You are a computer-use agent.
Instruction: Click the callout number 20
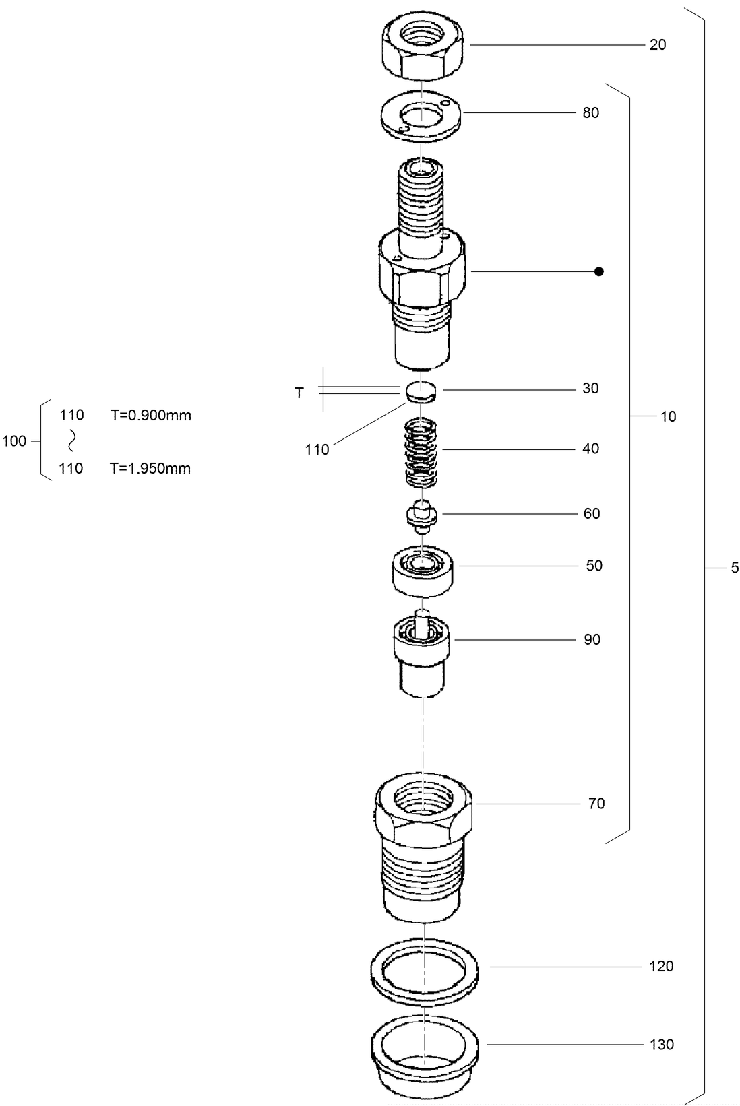pyautogui.click(x=657, y=45)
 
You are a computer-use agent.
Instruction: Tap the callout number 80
pyautogui.click(x=590, y=113)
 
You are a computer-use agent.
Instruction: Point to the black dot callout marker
pyautogui.click(x=598, y=272)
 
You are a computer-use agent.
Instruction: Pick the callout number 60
pyautogui.click(x=591, y=514)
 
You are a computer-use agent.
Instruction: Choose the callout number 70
pyautogui.click(x=596, y=804)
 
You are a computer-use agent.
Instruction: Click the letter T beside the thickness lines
pyautogui.click(x=299, y=393)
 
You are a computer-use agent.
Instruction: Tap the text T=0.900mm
pyautogui.click(x=151, y=416)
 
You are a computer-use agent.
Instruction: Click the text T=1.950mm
pyautogui.click(x=150, y=469)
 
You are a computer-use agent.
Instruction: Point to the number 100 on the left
pyautogui.click(x=14, y=442)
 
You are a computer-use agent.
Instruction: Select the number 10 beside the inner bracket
pyautogui.click(x=667, y=417)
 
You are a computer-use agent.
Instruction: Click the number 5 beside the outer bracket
pyautogui.click(x=735, y=568)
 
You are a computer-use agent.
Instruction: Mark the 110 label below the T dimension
pyautogui.click(x=317, y=450)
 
